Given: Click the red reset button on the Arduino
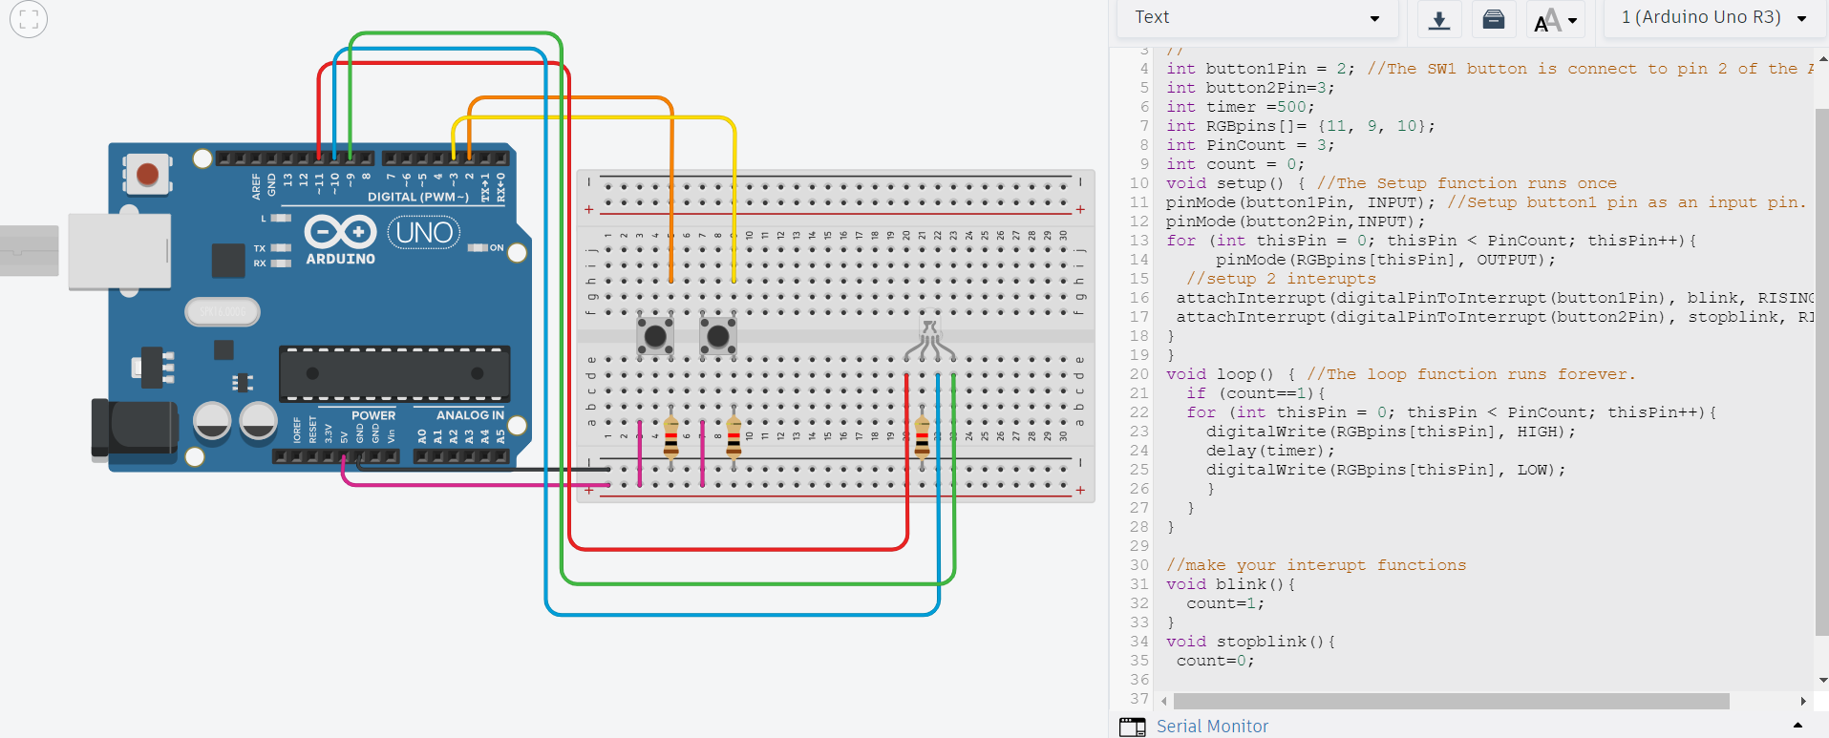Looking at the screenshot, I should pyautogui.click(x=147, y=175).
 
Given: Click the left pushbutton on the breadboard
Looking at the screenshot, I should pyautogui.click(x=655, y=336).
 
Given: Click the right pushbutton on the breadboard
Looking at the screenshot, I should pyautogui.click(x=718, y=336).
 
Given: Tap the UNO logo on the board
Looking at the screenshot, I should pyautogui.click(x=424, y=232).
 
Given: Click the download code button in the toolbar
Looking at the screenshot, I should pyautogui.click(x=1439, y=19).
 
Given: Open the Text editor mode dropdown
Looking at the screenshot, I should pyautogui.click(x=1257, y=18).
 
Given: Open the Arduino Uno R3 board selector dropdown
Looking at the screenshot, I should pyautogui.click(x=1713, y=18).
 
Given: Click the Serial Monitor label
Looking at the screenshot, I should pyautogui.click(x=1212, y=727).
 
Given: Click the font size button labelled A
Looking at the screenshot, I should pyautogui.click(x=1554, y=19).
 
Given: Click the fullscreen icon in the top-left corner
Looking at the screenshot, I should pyautogui.click(x=29, y=19).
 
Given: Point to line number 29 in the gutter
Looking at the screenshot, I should pyautogui.click(x=1138, y=546).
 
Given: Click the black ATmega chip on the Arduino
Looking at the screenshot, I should pyautogui.click(x=394, y=373).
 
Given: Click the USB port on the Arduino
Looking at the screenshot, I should pyautogui.click(x=119, y=251).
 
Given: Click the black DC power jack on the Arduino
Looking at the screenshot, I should pyautogui.click(x=134, y=428).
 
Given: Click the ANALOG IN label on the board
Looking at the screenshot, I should pyautogui.click(x=470, y=415).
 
